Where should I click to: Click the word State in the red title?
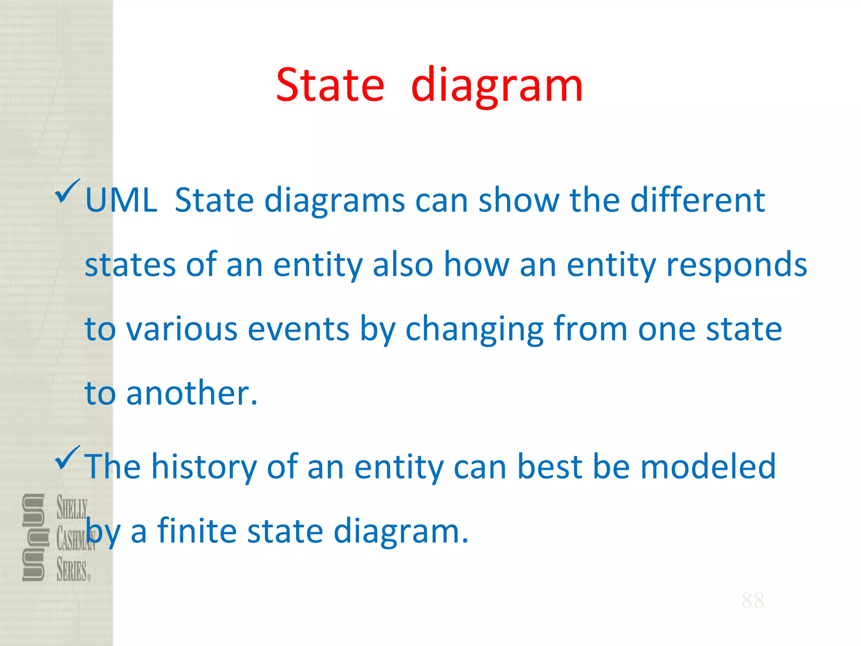[330, 85]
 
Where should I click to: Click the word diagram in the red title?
[497, 86]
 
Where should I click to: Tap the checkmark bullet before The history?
[67, 458]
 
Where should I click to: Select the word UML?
[121, 201]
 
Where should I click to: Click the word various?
[182, 329]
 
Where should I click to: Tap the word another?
[191, 393]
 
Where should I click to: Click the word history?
[203, 467]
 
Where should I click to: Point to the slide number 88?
[753, 600]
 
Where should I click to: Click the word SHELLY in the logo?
[72, 508]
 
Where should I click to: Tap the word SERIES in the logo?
[72, 570]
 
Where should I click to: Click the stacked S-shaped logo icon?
[33, 537]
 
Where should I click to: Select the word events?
[298, 329]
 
